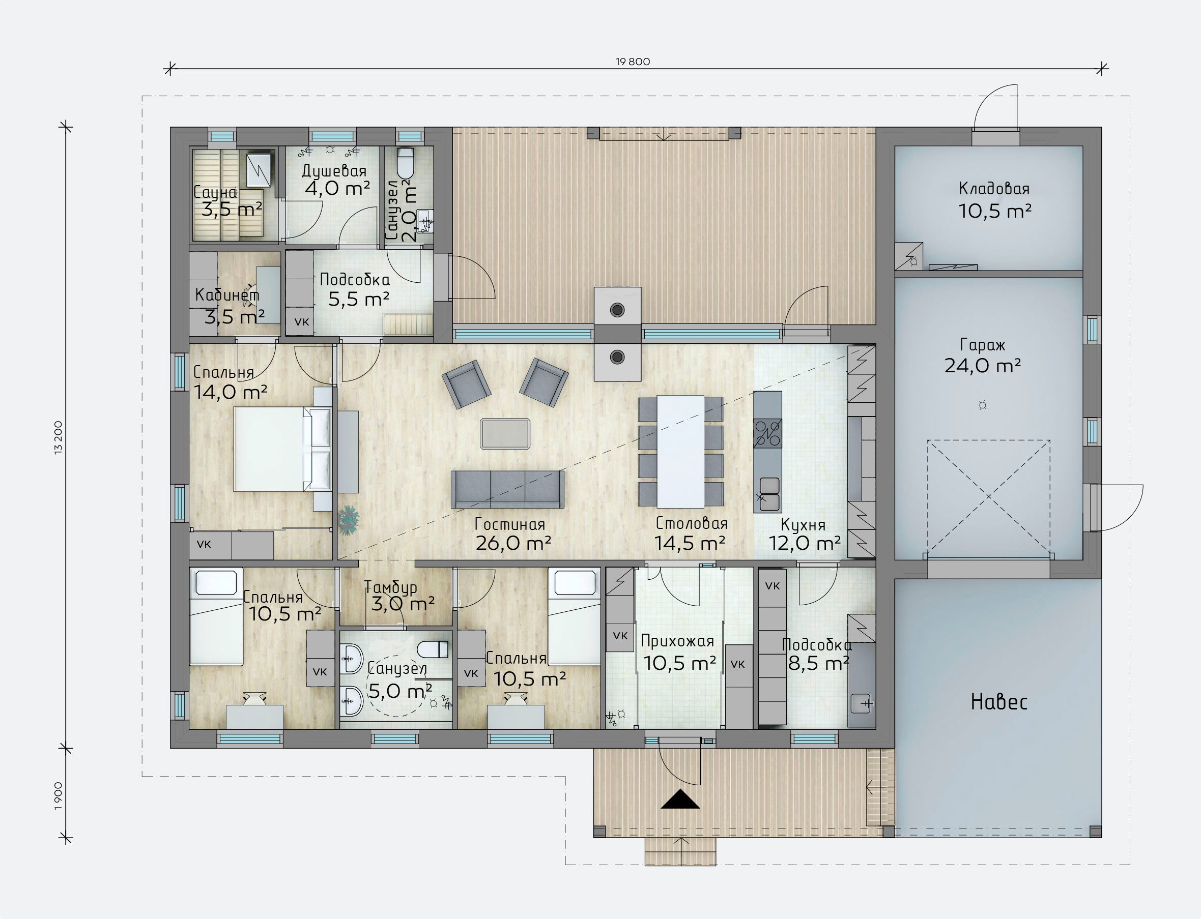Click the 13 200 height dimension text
click(59, 437)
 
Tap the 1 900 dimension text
click(59, 796)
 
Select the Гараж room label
click(983, 345)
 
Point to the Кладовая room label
click(994, 189)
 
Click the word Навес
click(999, 702)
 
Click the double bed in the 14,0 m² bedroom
click(282, 449)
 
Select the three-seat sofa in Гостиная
click(507, 489)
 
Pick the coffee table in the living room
click(505, 434)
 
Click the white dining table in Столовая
click(680, 452)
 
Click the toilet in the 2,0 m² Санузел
click(406, 162)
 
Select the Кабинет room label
click(227, 295)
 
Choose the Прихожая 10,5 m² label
click(679, 653)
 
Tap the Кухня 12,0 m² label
click(804, 534)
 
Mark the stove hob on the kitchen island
click(767, 433)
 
